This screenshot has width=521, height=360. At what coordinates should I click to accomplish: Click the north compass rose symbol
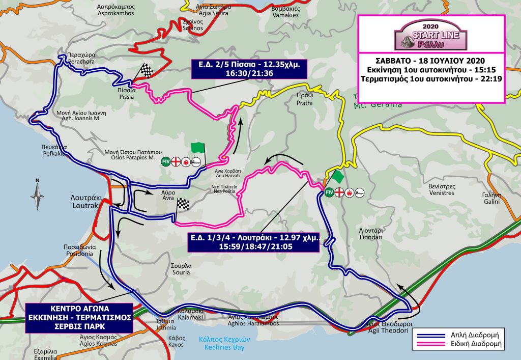click(37, 192)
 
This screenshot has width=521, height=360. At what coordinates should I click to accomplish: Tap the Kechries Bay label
click(220, 344)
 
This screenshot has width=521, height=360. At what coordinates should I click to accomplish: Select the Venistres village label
click(441, 190)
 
